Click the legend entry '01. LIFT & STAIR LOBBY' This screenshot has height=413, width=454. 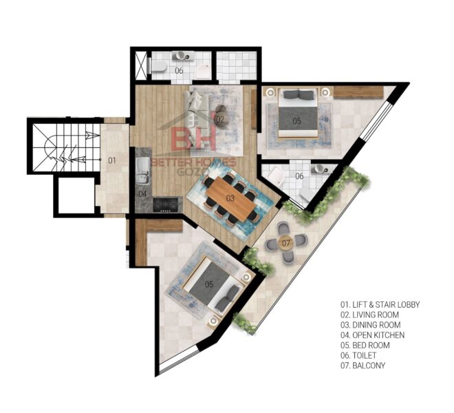tap(380, 305)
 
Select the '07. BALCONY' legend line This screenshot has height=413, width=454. tap(363, 366)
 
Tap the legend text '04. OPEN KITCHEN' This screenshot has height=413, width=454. tap(372, 335)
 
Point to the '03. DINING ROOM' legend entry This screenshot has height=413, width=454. tap(370, 325)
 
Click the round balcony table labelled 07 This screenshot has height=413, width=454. tap(285, 242)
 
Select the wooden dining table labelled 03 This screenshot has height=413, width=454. tap(230, 198)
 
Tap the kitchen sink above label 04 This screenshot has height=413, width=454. tap(143, 171)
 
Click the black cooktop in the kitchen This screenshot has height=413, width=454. tap(165, 204)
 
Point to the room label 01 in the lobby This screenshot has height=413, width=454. tap(111, 160)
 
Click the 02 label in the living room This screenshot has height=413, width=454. tap(220, 119)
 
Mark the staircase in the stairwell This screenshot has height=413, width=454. tap(66, 147)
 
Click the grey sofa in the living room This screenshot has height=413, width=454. tap(196, 109)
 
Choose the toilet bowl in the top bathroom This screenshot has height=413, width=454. tap(158, 66)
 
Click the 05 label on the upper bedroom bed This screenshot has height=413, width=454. tap(296, 120)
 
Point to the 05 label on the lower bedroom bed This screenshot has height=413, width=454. tap(209, 284)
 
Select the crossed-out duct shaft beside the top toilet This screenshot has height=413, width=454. tap(142, 65)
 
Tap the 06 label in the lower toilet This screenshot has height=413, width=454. tap(299, 176)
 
